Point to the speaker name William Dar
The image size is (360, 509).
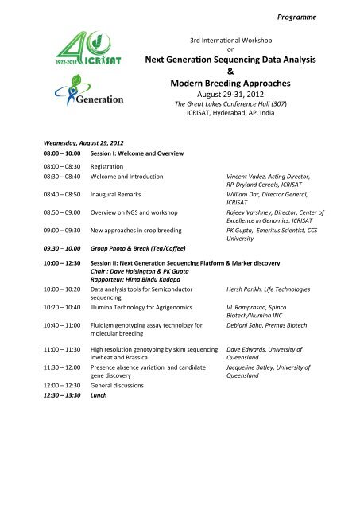[247, 194]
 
